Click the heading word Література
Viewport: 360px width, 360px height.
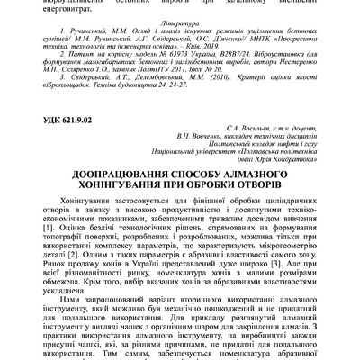180,28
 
